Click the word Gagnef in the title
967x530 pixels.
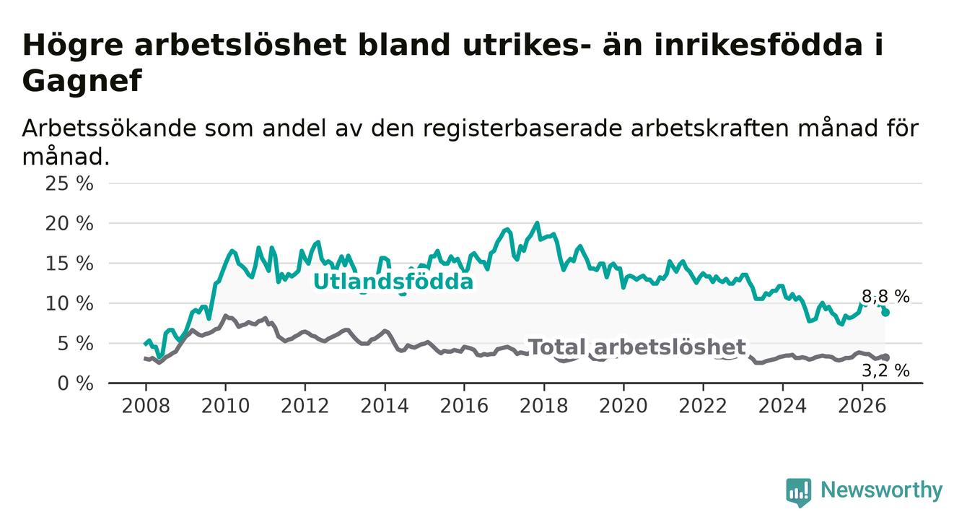(82, 81)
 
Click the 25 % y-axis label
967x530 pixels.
(69, 183)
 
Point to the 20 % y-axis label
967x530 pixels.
(69, 224)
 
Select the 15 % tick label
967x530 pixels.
(69, 264)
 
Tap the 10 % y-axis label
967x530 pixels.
(69, 304)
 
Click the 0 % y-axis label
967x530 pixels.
(75, 383)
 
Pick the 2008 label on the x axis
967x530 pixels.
(146, 406)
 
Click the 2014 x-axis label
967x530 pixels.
(385, 406)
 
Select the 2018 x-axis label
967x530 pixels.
(544, 406)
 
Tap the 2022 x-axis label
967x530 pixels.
(703, 406)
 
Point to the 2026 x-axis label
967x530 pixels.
(862, 406)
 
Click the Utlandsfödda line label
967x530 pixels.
(393, 282)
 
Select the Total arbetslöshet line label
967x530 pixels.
(637, 347)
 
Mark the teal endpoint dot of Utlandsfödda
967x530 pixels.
(885, 313)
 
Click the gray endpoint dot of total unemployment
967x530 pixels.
(885, 357)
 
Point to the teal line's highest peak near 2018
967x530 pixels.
(537, 223)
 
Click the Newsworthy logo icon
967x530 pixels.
(799, 492)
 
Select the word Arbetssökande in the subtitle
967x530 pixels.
(109, 129)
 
